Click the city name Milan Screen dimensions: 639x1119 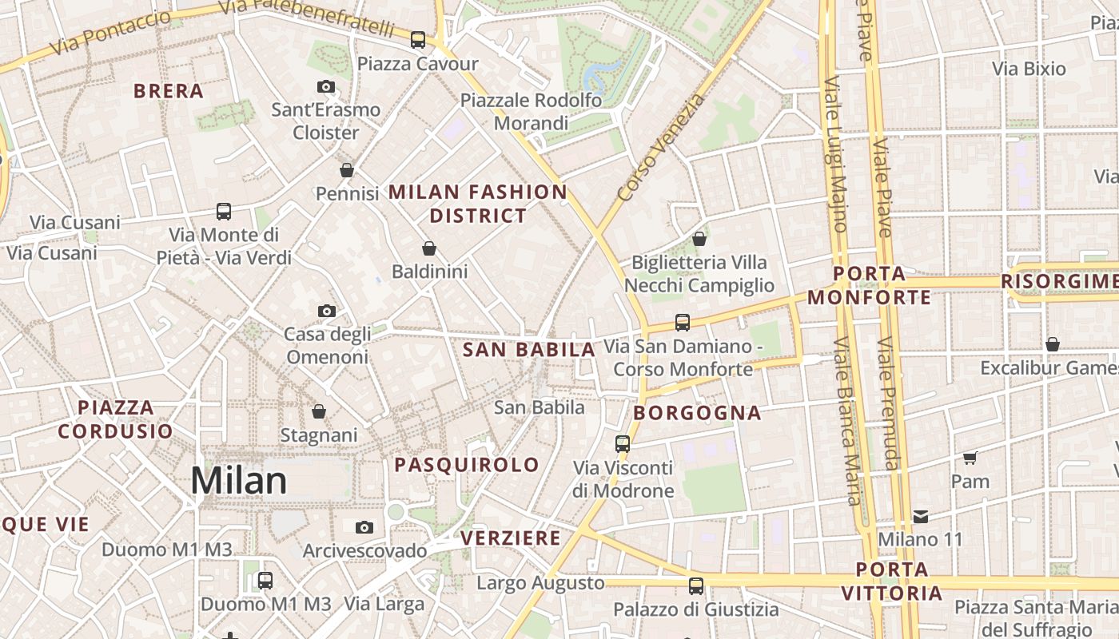pyautogui.click(x=238, y=481)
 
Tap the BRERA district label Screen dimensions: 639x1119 pyautogui.click(x=169, y=91)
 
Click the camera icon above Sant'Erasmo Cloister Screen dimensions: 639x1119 pyautogui.click(x=325, y=86)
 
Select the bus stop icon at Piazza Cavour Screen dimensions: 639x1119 pyautogui.click(x=417, y=39)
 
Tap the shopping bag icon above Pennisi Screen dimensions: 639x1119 pyautogui.click(x=347, y=169)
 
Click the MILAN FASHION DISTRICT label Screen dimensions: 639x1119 pyautogui.click(x=478, y=204)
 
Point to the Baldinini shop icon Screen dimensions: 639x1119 pyautogui.click(x=429, y=248)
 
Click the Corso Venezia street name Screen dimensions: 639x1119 pyautogui.click(x=662, y=148)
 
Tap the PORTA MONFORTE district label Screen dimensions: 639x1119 pyautogui.click(x=869, y=286)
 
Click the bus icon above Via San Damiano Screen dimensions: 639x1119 pyautogui.click(x=682, y=322)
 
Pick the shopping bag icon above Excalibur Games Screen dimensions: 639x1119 pyautogui.click(x=1053, y=344)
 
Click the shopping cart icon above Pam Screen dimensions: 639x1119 pyautogui.click(x=970, y=458)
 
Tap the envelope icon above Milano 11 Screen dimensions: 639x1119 pyautogui.click(x=921, y=516)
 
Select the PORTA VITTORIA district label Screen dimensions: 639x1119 pyautogui.click(x=892, y=581)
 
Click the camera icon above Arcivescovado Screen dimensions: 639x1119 pyautogui.click(x=364, y=527)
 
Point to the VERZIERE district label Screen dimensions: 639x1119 pyautogui.click(x=511, y=538)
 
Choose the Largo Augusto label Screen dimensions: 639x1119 pyautogui.click(x=540, y=583)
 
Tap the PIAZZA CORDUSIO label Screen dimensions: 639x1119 pyautogui.click(x=115, y=419)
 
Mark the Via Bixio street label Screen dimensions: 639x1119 pyautogui.click(x=1029, y=69)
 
